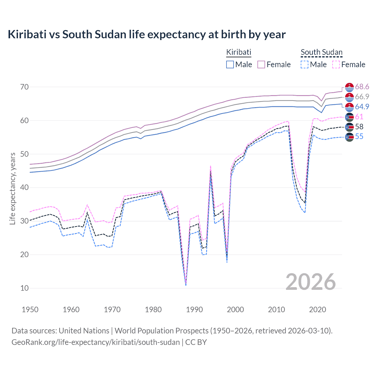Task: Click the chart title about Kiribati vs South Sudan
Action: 146,34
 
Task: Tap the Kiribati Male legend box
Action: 230,65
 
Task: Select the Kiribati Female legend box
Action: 262,65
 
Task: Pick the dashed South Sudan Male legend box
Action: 305,65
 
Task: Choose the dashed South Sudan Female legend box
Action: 336,65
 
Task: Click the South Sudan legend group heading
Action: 321,52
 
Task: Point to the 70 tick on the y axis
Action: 24,87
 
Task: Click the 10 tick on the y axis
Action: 24,288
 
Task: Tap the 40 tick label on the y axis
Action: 24,188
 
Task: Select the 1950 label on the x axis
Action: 30,310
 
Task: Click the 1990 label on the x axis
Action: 194,310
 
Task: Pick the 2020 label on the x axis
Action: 318,310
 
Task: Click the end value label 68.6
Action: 362,87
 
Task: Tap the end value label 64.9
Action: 362,107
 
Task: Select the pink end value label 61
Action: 359,117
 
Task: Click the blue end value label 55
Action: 359,137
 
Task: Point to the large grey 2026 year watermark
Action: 311,282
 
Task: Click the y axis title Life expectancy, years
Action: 12,188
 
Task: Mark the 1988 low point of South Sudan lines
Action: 186,285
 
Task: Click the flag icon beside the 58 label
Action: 349,127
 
